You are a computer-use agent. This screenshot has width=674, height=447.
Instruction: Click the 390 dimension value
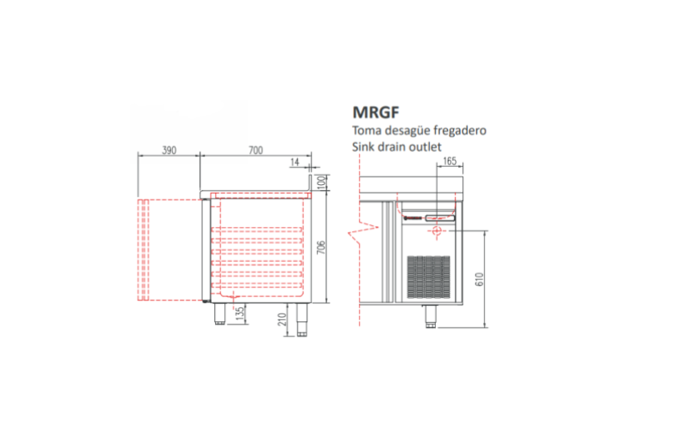[x=169, y=151]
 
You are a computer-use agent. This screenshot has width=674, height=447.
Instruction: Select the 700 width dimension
[x=255, y=151]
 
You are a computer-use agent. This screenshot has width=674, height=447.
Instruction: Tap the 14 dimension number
[x=295, y=162]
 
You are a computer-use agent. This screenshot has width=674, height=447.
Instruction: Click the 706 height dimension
[x=321, y=247]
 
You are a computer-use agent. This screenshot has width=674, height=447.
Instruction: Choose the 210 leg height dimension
[x=282, y=319]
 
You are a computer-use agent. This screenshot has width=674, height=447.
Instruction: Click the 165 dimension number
[x=449, y=161]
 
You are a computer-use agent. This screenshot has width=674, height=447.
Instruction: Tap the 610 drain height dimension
[x=480, y=279]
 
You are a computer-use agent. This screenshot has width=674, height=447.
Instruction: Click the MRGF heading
[x=376, y=112]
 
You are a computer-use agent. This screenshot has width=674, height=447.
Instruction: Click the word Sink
[x=363, y=146]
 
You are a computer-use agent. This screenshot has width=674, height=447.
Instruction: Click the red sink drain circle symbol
[x=437, y=231]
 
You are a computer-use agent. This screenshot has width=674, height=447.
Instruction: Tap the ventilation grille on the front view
[x=428, y=277]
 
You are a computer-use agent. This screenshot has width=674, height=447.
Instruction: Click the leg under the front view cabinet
[x=431, y=317]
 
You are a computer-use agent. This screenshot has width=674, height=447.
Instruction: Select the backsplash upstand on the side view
[x=309, y=183]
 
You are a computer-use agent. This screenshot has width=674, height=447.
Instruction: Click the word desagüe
[x=408, y=131]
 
